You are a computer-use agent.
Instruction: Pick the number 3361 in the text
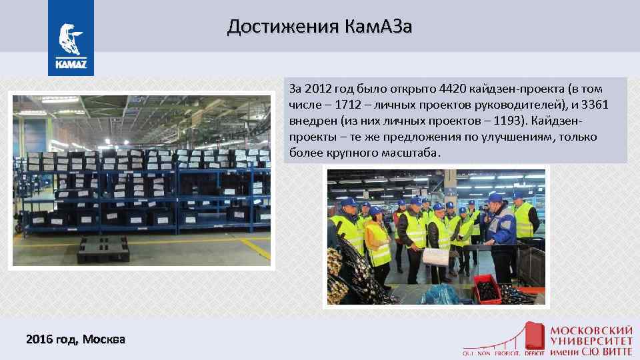595,105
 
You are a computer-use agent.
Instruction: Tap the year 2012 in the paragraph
319,89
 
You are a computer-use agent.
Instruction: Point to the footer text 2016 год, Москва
75,339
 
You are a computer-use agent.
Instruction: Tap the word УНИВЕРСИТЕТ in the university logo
591,341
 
